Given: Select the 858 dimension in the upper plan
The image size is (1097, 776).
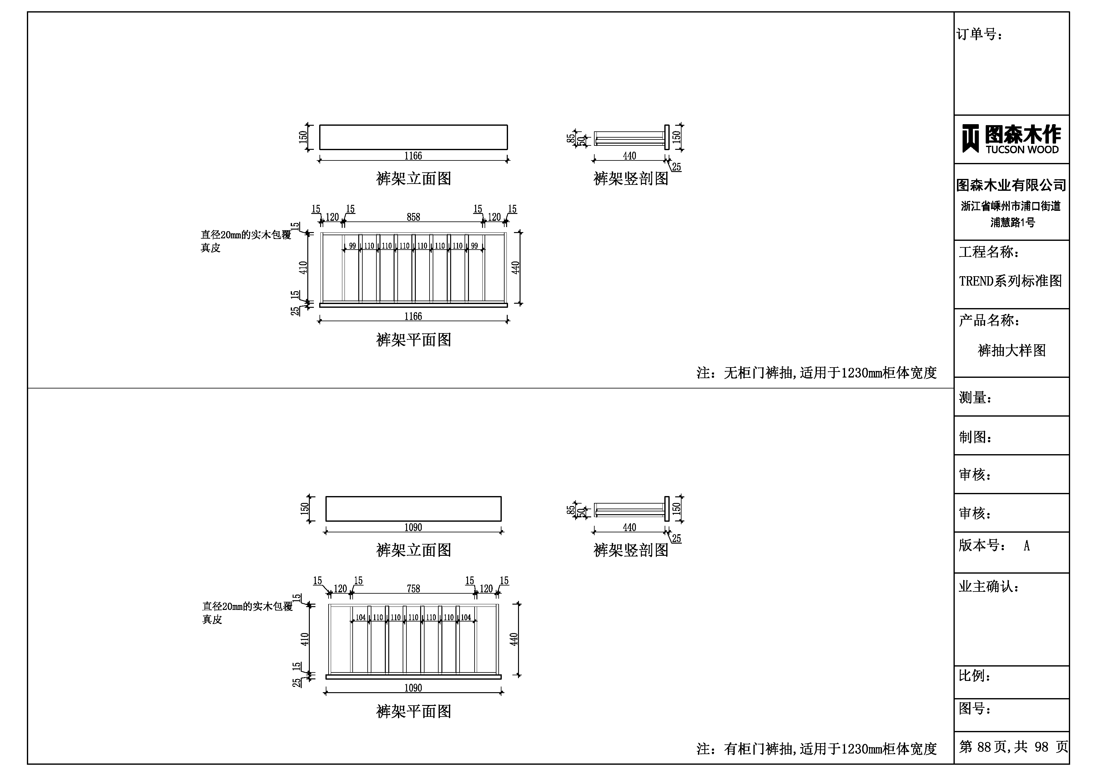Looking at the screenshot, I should [x=413, y=217].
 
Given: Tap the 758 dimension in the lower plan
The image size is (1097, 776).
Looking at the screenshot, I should [x=413, y=589].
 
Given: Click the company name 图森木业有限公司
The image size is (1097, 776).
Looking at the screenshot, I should [x=1011, y=185].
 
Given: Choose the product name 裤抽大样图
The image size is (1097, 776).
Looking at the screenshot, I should [x=1011, y=351].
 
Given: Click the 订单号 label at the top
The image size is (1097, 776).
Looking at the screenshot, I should [x=979, y=34].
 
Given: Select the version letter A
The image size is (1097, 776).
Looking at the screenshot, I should [x=1026, y=545].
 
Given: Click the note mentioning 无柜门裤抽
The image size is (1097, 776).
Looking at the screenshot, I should [x=816, y=373].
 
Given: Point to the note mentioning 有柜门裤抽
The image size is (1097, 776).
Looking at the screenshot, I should [x=816, y=749].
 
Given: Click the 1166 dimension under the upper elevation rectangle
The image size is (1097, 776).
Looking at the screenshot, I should [x=413, y=156].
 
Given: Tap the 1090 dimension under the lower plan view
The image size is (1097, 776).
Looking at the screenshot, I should [x=413, y=688].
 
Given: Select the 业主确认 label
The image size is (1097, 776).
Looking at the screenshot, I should [x=988, y=587].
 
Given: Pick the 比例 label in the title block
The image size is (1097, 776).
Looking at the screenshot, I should [x=975, y=676].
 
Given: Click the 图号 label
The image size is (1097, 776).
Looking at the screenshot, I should [x=975, y=708].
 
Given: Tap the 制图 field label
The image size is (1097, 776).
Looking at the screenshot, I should [x=975, y=437].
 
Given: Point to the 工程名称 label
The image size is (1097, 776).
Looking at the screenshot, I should [x=989, y=252].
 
